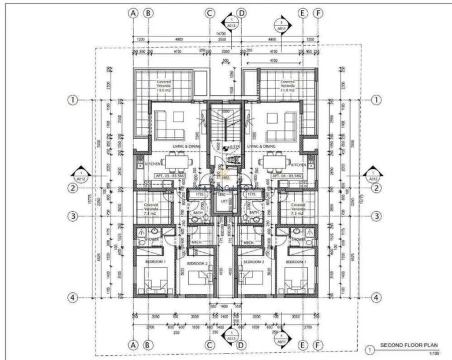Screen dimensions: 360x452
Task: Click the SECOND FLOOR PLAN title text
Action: point(407,345)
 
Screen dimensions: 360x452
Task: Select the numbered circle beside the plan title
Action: point(368,349)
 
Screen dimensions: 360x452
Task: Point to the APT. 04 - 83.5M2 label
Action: point(287,175)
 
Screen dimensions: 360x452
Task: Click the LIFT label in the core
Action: point(224,201)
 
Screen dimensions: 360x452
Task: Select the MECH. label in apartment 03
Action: point(197,242)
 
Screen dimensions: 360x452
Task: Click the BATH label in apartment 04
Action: point(254,212)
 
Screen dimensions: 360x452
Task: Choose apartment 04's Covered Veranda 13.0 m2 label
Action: point(288,86)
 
